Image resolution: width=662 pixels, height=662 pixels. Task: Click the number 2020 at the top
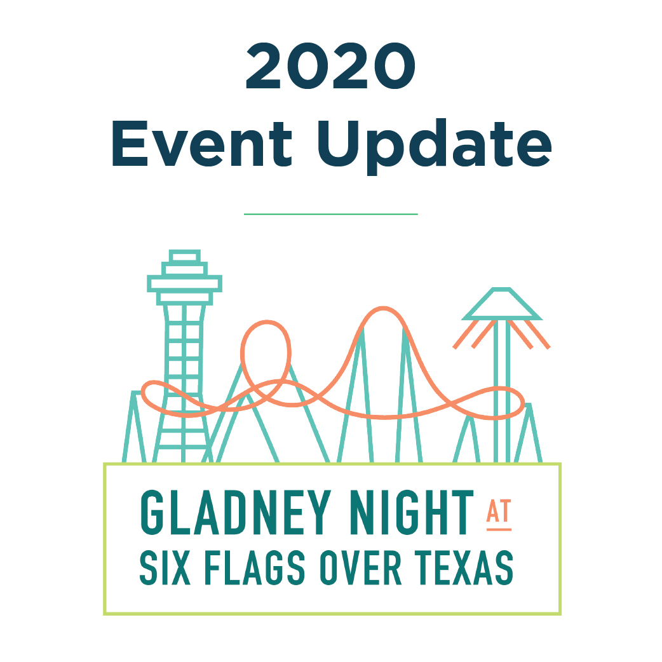coord(330,65)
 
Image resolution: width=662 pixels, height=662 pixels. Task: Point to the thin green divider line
coord(330,214)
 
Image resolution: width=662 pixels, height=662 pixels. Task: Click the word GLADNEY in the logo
coord(236,512)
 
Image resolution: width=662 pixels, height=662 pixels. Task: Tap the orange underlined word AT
coord(499,511)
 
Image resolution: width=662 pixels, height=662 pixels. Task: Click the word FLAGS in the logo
coord(255,567)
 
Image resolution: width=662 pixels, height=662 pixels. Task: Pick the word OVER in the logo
coord(360,567)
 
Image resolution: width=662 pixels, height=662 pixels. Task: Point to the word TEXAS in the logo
coord(464,567)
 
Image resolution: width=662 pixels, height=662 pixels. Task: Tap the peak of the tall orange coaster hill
coord(383,308)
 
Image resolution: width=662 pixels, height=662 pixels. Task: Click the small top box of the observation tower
coord(184,256)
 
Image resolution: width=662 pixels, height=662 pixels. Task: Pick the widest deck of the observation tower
coord(184,284)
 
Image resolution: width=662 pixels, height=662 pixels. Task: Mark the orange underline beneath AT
coord(499,529)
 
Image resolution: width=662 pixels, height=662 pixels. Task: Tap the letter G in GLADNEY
coord(152,512)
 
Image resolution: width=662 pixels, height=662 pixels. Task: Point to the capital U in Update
coord(339,144)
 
